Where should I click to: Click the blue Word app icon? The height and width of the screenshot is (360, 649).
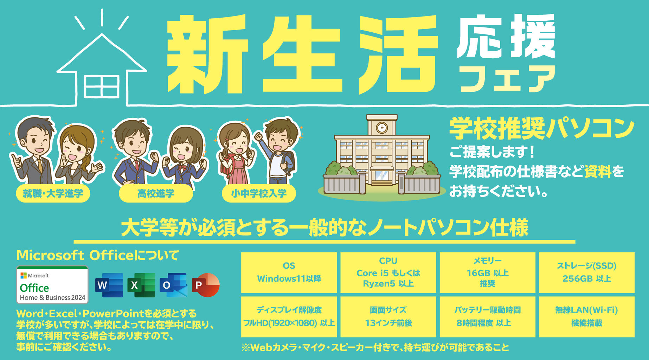coord(109,285)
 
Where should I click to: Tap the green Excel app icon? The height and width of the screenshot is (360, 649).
coord(141,285)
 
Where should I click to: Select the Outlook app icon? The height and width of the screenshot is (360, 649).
coord(173,285)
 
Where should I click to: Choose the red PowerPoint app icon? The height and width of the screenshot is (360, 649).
coord(206,285)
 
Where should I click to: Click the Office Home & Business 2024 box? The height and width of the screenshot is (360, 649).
coord(52,285)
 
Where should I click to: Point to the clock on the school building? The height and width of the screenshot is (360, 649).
coord(381,127)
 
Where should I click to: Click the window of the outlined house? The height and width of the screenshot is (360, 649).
coord(102,86)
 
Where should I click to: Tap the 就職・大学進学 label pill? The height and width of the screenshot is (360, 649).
coord(53,193)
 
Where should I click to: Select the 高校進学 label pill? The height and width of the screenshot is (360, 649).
coord(156,193)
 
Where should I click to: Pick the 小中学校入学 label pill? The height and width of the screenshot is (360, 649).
coord(259,193)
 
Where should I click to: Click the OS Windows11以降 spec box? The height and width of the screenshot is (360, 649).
coord(289,272)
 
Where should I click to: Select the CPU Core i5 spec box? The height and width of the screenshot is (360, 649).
coord(388,272)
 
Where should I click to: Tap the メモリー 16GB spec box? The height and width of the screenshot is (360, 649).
coord(487,272)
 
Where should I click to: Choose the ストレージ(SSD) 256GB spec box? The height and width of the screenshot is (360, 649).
coord(587,272)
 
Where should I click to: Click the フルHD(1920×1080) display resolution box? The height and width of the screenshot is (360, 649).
coord(289,317)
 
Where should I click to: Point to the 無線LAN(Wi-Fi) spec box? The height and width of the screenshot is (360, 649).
coord(587,317)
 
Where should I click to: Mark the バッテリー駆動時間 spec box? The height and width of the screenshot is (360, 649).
coord(487,317)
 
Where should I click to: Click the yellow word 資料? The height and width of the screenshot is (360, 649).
coord(598,172)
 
